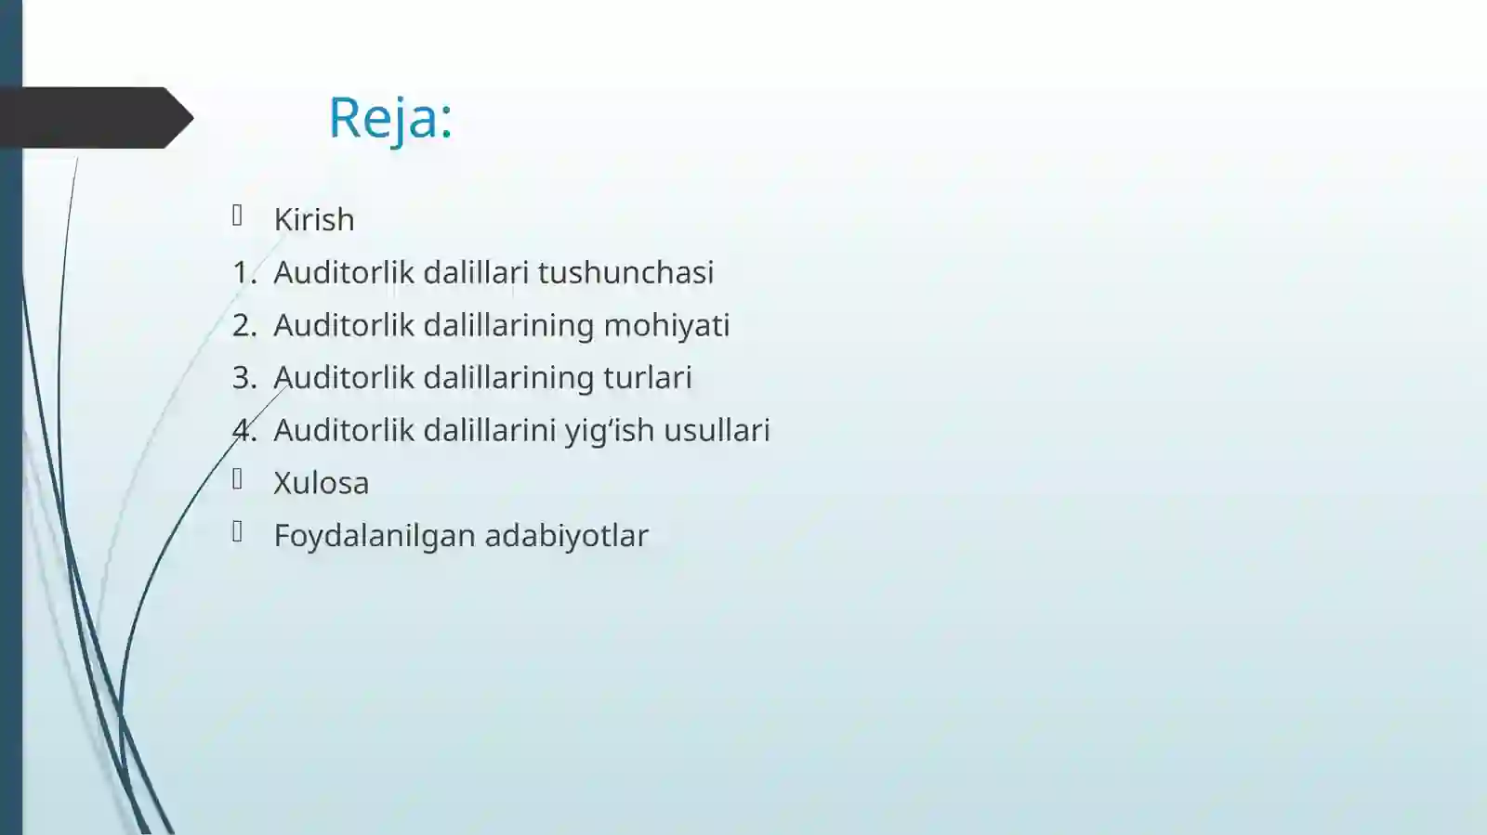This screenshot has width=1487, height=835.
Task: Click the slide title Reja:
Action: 390,118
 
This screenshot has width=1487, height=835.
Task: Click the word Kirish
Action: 314,220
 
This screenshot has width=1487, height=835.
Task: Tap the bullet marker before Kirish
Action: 238,215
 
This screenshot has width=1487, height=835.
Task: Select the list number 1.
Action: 243,273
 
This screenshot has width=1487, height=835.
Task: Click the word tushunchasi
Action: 625,273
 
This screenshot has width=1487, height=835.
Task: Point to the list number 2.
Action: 243,326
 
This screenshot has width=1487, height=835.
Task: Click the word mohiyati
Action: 666,326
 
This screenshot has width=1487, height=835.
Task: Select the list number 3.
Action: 243,378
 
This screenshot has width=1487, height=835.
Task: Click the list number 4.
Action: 243,431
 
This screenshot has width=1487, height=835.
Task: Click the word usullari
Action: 717,431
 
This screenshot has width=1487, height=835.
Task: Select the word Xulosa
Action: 322,483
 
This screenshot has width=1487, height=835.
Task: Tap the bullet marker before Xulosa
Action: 238,479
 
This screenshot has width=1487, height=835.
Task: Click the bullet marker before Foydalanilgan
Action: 238,531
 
